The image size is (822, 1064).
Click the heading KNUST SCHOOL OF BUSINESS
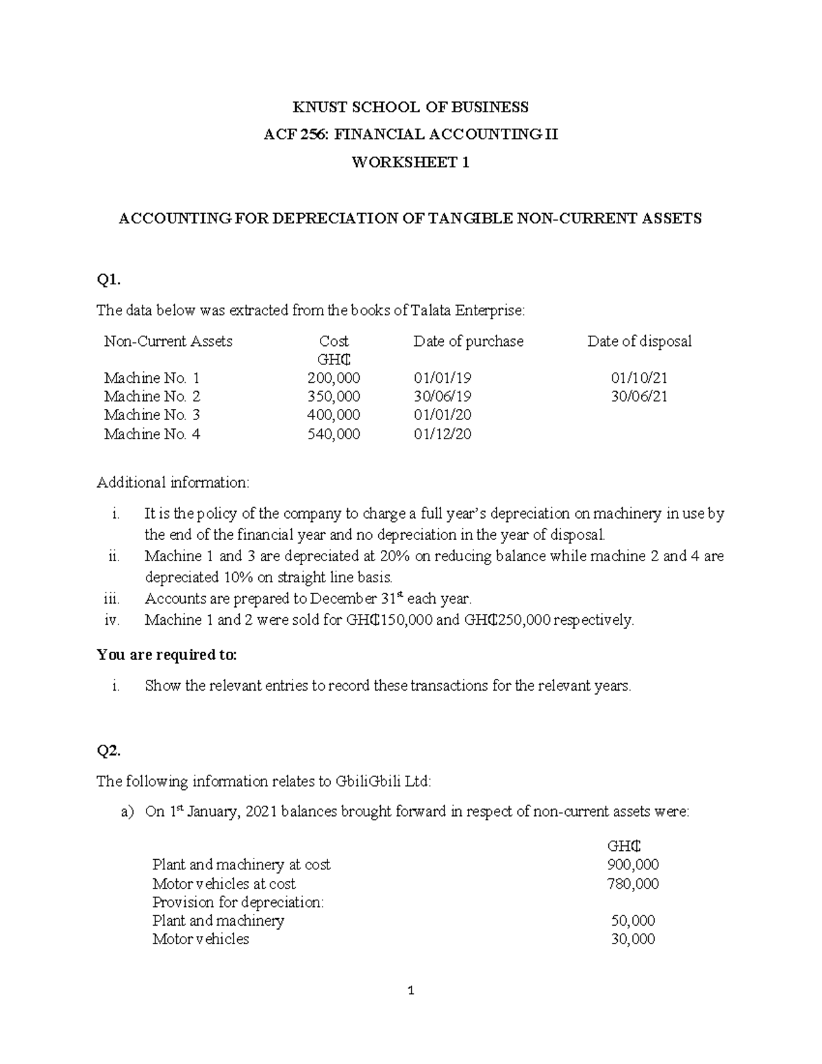tap(410, 107)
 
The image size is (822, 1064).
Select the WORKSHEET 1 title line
tap(410, 163)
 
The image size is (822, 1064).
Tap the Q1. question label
tap(109, 279)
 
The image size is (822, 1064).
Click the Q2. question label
tap(109, 751)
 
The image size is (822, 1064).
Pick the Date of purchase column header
tap(468, 341)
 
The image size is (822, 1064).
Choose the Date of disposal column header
tap(639, 341)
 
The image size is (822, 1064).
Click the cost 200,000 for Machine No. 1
tap(334, 378)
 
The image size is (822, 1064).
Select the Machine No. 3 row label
tap(152, 415)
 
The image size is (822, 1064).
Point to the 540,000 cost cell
tap(334, 434)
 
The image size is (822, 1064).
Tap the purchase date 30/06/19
tap(443, 397)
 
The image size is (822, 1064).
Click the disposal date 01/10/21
tap(639, 378)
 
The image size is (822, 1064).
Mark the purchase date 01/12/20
tap(443, 434)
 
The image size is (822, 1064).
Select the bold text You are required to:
tap(167, 655)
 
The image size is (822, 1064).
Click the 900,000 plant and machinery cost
tap(633, 865)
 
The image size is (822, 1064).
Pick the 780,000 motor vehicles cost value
tap(633, 884)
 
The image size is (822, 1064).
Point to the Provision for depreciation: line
tap(238, 902)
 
